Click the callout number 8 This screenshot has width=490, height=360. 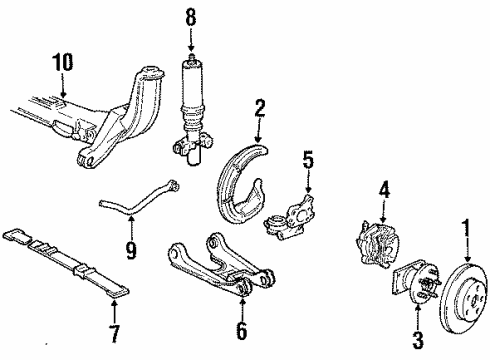[x=190, y=16]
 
